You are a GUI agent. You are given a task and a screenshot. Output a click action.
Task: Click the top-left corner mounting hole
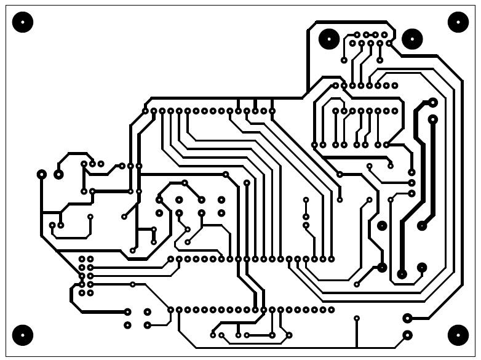(x=23, y=23)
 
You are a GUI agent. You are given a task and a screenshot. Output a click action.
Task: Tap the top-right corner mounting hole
(x=458, y=22)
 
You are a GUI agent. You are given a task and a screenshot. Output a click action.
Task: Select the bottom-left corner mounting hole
(x=23, y=335)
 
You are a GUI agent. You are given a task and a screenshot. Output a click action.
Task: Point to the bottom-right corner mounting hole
(x=458, y=335)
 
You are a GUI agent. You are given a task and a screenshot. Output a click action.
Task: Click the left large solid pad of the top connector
(x=328, y=39)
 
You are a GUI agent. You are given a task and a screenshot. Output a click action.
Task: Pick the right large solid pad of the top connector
(x=412, y=39)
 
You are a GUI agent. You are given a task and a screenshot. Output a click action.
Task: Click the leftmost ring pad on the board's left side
(x=42, y=175)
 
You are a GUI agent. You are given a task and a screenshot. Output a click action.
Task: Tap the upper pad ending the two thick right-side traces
(x=432, y=102)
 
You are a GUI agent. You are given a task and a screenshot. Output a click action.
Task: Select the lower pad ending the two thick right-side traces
(x=432, y=118)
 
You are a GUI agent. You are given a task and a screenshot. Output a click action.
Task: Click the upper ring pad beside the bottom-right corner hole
(x=407, y=318)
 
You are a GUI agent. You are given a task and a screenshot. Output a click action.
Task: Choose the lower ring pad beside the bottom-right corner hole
(x=407, y=335)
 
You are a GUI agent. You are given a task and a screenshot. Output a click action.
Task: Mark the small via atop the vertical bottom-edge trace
(x=357, y=318)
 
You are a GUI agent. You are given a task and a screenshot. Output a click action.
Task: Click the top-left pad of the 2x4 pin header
(x=82, y=259)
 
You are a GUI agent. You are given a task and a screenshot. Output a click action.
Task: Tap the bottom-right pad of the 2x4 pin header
(x=90, y=293)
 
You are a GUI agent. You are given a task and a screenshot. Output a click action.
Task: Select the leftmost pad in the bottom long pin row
(x=171, y=310)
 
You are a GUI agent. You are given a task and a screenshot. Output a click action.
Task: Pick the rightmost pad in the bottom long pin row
(x=332, y=310)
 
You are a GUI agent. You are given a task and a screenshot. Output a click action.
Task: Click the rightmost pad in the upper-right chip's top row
(x=395, y=86)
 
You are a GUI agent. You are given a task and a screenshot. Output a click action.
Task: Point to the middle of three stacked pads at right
(x=412, y=183)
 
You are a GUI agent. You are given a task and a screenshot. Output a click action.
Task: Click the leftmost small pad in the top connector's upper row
(x=357, y=35)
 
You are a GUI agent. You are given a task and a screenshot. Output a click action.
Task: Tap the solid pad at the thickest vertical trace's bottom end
(x=402, y=273)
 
